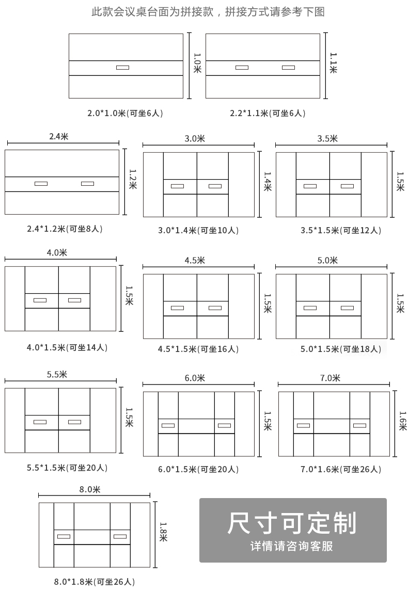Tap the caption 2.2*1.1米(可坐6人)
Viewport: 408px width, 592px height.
click(268, 113)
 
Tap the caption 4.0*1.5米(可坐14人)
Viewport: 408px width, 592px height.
click(67, 347)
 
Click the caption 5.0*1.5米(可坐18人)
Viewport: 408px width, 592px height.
click(341, 349)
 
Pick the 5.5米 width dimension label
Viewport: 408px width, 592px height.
click(61, 375)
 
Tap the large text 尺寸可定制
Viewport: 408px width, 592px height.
click(292, 523)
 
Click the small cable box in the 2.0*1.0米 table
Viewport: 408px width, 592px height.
click(122, 67)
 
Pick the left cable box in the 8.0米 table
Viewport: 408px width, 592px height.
click(64, 536)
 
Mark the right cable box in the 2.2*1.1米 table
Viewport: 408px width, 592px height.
click(288, 67)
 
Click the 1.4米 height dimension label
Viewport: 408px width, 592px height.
click(268, 182)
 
